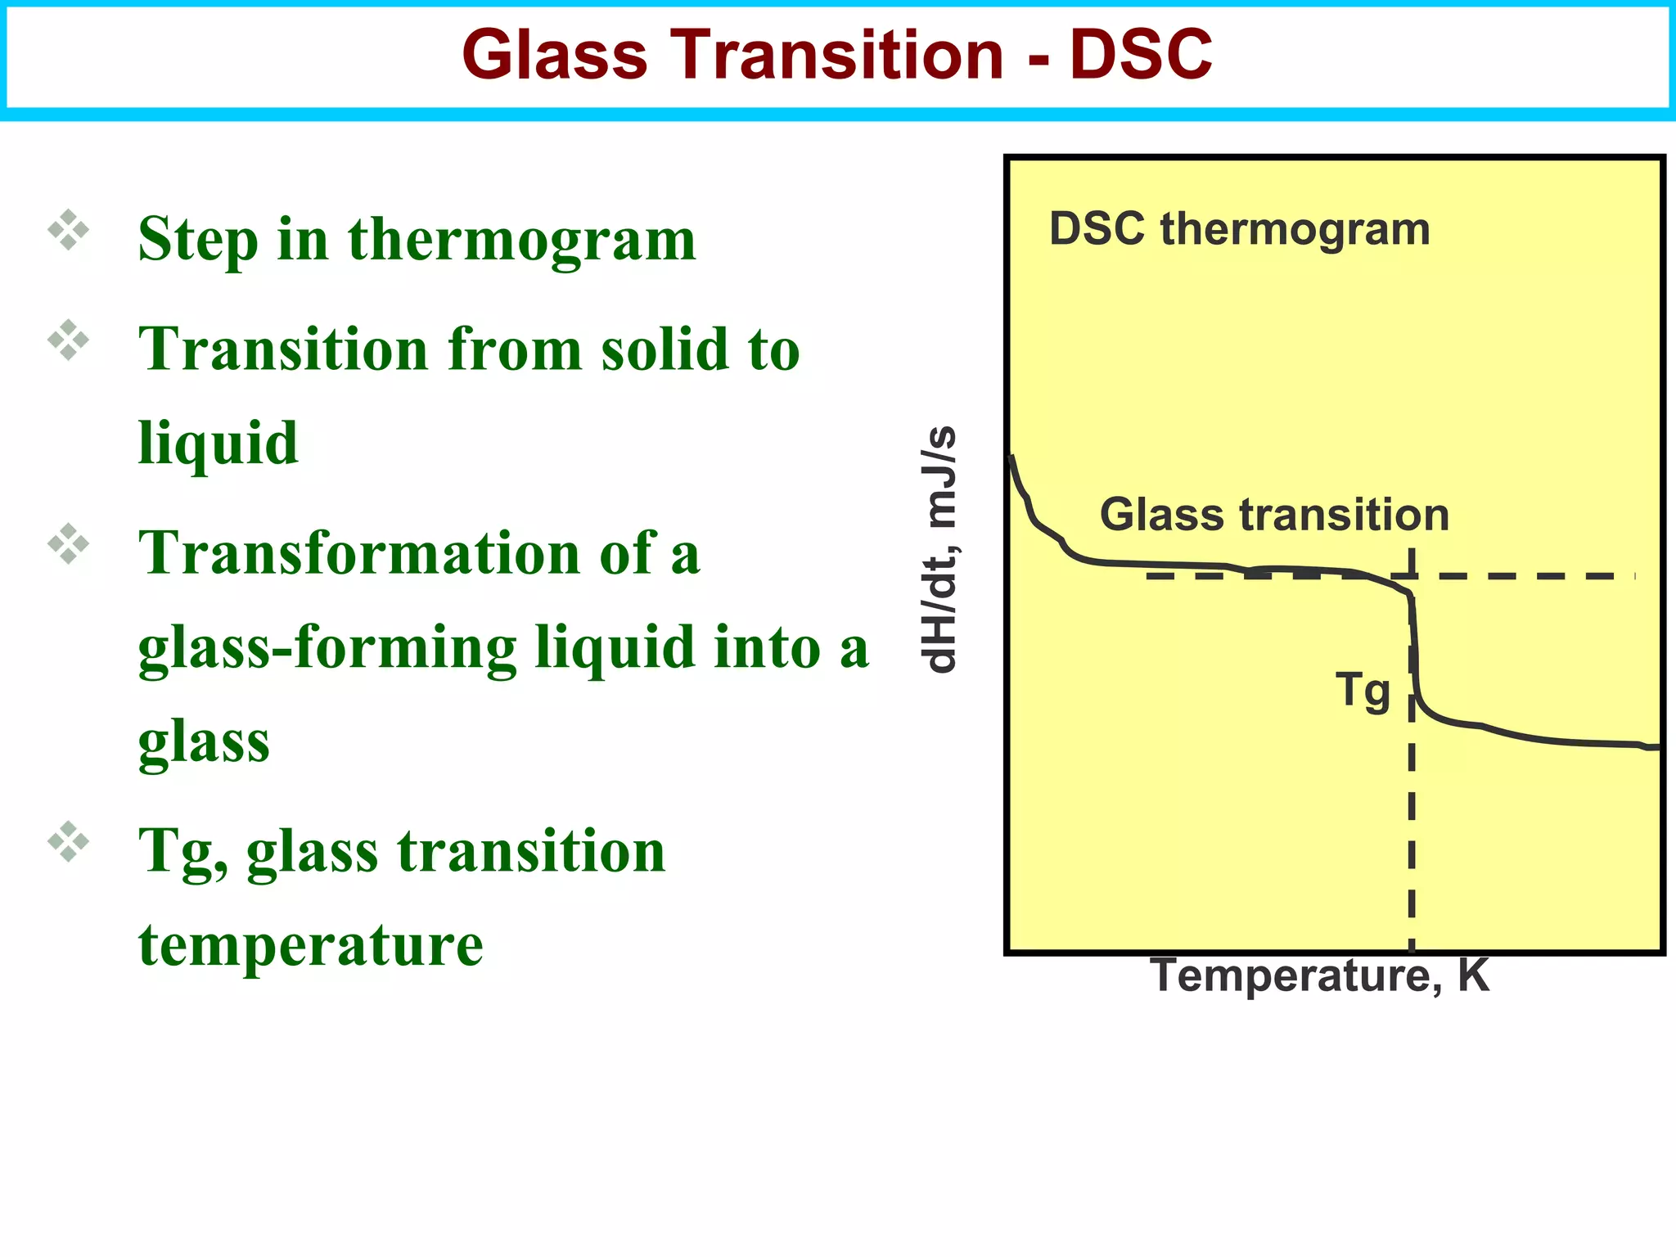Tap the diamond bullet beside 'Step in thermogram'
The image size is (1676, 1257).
tap(69, 230)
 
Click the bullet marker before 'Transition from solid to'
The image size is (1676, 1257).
tap(69, 340)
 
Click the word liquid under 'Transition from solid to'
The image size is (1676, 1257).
tap(218, 443)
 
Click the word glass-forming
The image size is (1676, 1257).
tap(327, 648)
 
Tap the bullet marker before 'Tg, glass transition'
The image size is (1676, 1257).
tap(69, 841)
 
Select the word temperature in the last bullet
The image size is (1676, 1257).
tap(311, 944)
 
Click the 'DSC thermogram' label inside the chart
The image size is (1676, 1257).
tap(1239, 228)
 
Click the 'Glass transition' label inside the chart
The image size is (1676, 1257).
tap(1274, 515)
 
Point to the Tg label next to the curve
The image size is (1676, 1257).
tap(1363, 690)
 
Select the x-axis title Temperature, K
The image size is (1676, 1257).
tap(1319, 975)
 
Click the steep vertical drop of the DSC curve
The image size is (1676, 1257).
tap(1413, 647)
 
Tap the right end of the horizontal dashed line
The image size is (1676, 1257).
tap(1629, 576)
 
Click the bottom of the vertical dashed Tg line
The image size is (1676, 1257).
tap(1412, 941)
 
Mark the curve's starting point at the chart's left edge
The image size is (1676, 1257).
tap(1012, 457)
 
